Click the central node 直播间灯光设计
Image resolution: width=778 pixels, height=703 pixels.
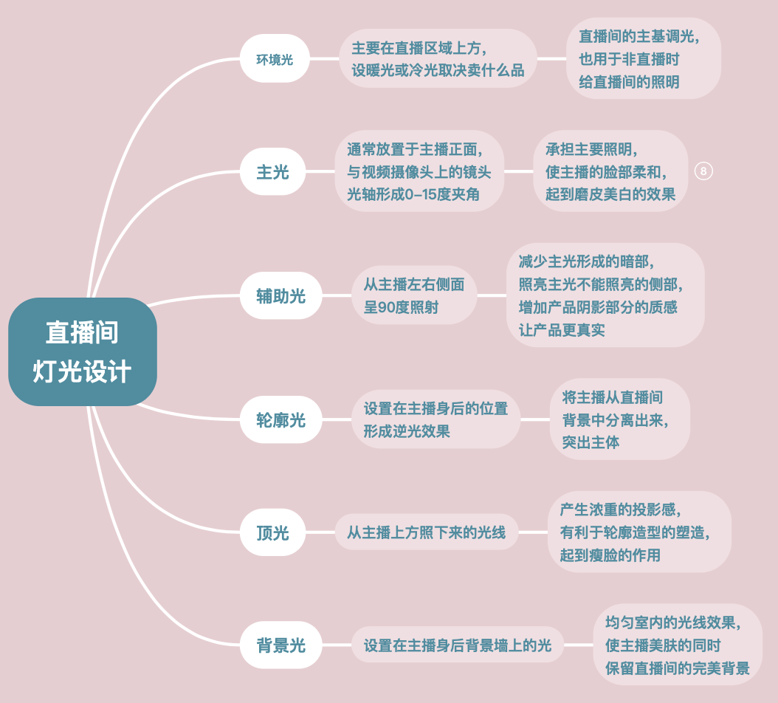tap(82, 351)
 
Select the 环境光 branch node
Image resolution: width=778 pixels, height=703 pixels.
tap(274, 59)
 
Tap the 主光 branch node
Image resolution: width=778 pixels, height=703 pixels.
tap(273, 172)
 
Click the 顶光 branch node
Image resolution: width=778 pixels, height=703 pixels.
tap(273, 532)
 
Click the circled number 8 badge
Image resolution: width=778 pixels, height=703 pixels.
tap(703, 171)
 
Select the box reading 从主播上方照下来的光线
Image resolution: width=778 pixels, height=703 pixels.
tap(427, 532)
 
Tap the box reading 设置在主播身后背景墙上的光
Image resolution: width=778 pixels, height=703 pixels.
tap(458, 645)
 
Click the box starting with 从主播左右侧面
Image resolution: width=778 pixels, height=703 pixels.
tap(414, 295)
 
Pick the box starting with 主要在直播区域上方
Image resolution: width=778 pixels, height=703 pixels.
tap(438, 59)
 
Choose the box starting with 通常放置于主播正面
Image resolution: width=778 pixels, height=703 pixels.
tap(419, 172)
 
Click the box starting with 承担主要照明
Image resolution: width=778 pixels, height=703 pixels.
tap(610, 172)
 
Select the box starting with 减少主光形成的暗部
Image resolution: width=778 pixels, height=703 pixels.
tap(605, 295)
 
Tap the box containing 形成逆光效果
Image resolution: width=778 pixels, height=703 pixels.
tap(436, 420)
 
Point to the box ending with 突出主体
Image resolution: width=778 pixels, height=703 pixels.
tap(619, 420)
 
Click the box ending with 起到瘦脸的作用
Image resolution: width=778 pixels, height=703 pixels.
tap(638, 532)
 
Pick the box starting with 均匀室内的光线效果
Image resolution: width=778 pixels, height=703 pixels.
tap(677, 645)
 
